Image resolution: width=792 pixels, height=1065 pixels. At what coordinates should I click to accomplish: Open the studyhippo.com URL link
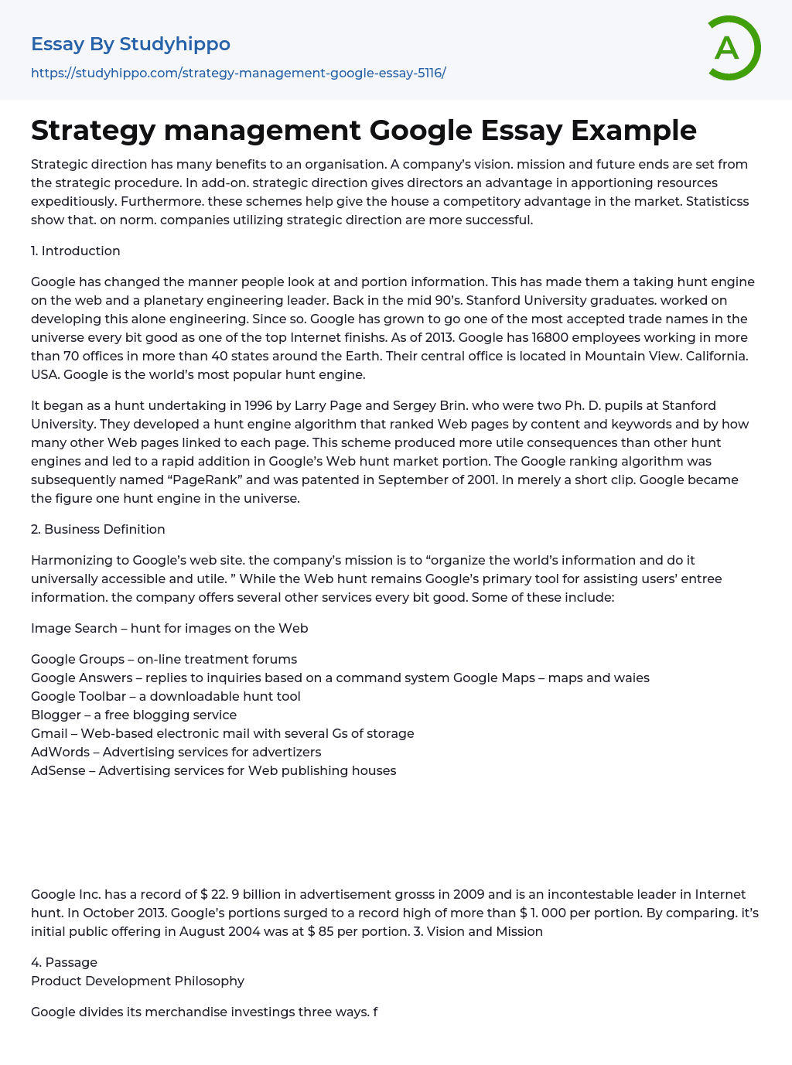click(x=238, y=73)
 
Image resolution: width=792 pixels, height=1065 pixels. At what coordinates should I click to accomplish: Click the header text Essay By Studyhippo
click(x=131, y=44)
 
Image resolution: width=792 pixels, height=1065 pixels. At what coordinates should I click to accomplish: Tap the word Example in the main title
click(x=633, y=130)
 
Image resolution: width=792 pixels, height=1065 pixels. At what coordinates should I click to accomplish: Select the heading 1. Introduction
click(x=76, y=251)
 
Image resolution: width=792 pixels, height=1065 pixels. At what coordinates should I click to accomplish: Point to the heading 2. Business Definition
click(x=97, y=529)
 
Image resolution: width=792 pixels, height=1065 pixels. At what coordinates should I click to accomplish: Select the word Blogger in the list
click(x=56, y=715)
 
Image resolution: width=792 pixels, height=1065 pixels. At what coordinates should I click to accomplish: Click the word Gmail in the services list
click(x=49, y=733)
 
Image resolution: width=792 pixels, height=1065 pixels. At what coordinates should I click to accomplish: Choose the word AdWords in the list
click(x=60, y=752)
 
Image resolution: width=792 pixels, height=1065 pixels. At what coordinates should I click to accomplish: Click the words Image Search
click(x=74, y=628)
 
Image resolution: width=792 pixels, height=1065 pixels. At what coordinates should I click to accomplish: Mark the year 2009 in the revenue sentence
click(x=469, y=894)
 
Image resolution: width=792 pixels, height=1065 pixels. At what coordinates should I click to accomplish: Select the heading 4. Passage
click(x=64, y=962)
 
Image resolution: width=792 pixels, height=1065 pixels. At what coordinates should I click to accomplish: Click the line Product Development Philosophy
click(x=138, y=981)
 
